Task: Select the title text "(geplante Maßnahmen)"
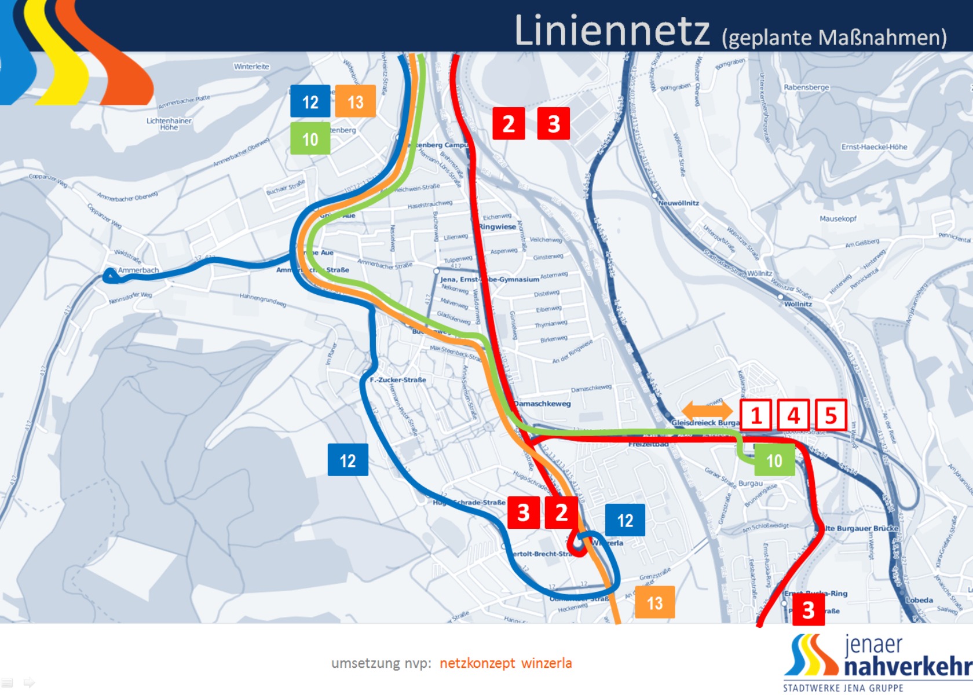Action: point(834,38)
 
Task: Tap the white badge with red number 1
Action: point(756,415)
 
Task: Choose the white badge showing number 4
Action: point(793,415)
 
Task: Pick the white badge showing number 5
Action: point(831,415)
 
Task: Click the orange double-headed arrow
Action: point(707,411)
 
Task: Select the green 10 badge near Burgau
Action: point(774,460)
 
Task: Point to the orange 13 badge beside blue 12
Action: point(356,102)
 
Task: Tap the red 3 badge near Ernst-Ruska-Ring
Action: point(809,610)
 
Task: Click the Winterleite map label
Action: point(251,67)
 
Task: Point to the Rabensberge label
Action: point(806,87)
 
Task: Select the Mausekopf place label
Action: point(837,218)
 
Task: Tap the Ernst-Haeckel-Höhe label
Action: point(874,147)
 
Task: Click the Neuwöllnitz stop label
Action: point(678,203)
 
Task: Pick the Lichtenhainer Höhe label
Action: point(169,123)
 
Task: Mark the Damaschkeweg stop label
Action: point(542,404)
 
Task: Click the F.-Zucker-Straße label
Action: point(398,380)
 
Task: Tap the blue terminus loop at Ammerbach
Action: point(111,276)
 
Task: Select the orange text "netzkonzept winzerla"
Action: point(506,663)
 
